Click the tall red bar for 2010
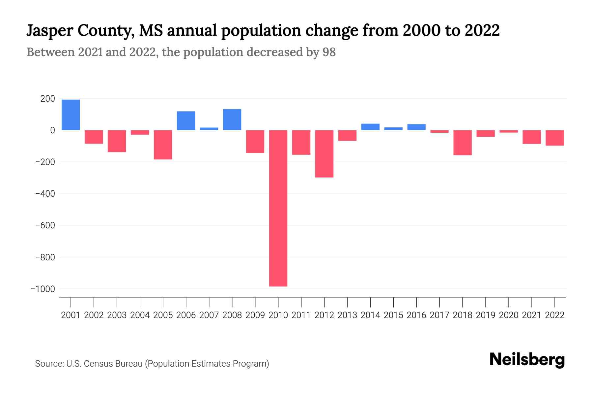click(x=278, y=208)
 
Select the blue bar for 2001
click(x=71, y=115)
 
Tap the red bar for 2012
click(x=324, y=154)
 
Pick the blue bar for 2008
click(x=232, y=119)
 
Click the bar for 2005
click(x=163, y=145)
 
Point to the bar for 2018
click(x=463, y=143)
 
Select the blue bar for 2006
click(x=186, y=121)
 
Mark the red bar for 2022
click(x=555, y=138)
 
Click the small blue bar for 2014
click(x=370, y=127)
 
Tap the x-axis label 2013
click(x=347, y=315)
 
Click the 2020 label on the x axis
click(x=509, y=315)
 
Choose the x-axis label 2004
click(x=140, y=315)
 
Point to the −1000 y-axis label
click(x=42, y=289)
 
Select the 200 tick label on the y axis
click(x=48, y=99)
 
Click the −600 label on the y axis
click(x=45, y=225)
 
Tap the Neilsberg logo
click(x=527, y=360)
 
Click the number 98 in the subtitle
click(x=329, y=52)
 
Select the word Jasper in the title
click(x=48, y=31)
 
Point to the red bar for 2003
click(x=117, y=141)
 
